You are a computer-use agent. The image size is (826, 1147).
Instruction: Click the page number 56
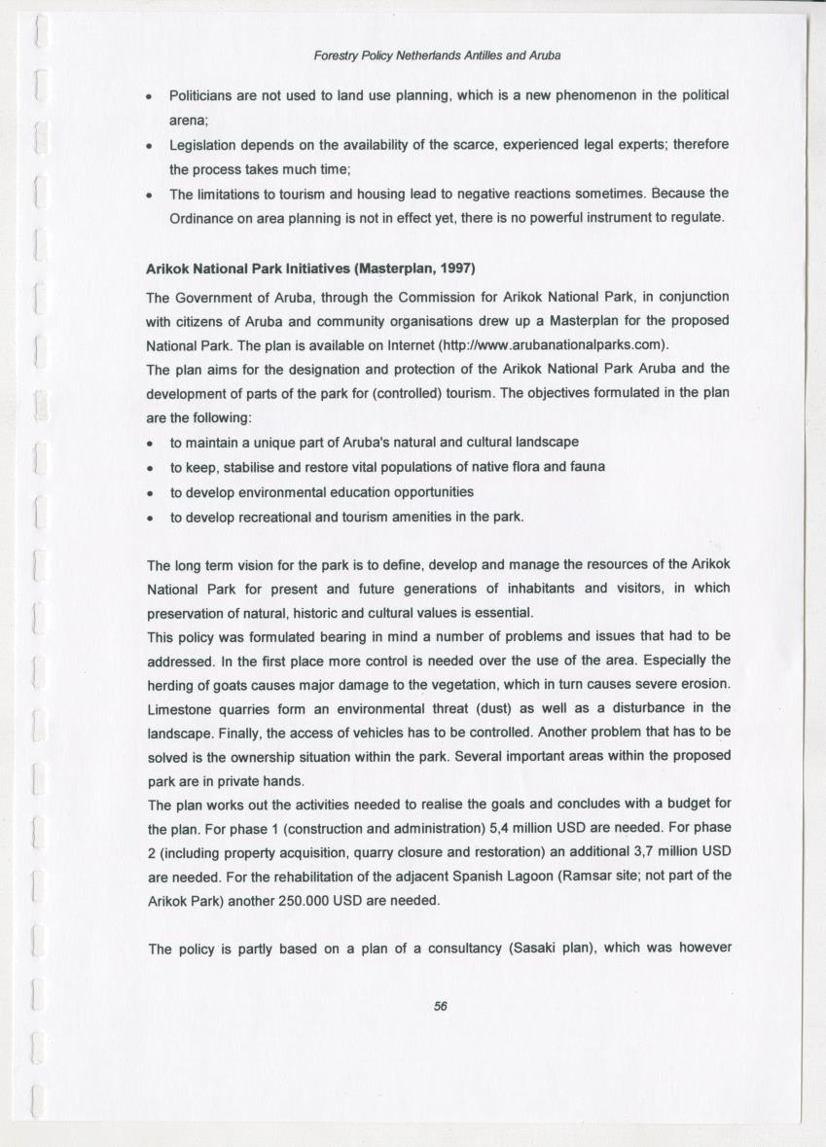[440, 1007]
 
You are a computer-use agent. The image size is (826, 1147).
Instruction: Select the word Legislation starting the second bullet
[205, 144]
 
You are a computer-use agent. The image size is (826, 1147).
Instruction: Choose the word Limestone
[180, 707]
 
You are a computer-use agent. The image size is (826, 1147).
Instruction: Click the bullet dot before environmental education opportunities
[150, 492]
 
